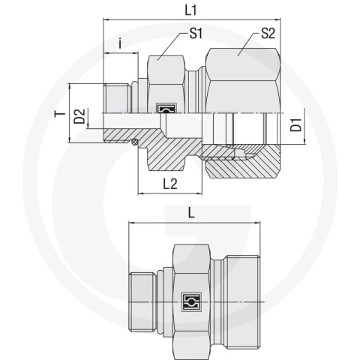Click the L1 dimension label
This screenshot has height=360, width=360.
coord(191,10)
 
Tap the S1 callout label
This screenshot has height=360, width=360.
coord(196,33)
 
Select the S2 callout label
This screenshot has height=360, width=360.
coord(268,33)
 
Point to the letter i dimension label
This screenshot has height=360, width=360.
coord(120,43)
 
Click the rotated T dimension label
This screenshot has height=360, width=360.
coord(60,114)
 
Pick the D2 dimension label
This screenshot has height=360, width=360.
coord(79,116)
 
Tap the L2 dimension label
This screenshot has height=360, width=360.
coord(170,184)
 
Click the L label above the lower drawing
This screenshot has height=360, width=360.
coord(191,213)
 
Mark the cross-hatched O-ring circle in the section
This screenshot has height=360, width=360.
coord(135,142)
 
